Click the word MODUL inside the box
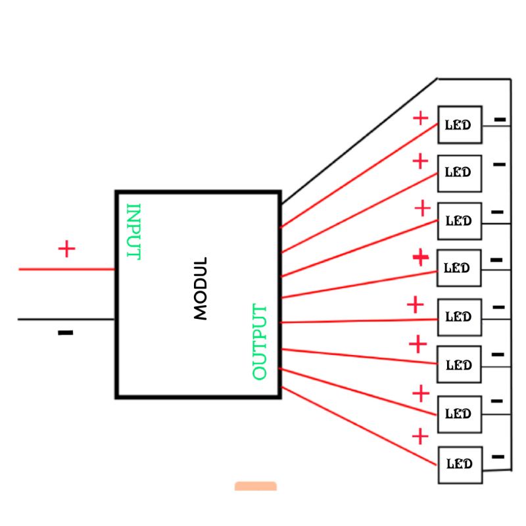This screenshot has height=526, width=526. point(201,288)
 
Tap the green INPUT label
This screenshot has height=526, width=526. point(133,231)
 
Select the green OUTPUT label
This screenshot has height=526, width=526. point(260,342)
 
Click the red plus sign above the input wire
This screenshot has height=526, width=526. point(66,249)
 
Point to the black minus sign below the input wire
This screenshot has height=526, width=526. point(65,333)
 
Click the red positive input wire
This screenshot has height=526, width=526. point(66,270)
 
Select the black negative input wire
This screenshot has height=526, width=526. point(66,320)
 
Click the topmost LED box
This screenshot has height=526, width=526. point(460,124)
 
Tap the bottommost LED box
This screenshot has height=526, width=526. point(460,464)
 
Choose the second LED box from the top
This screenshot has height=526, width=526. point(460,173)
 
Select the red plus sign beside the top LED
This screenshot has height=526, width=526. point(420,118)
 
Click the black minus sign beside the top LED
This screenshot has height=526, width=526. point(500,120)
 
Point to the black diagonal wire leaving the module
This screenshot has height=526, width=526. point(358,141)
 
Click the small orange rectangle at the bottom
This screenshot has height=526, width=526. point(256,486)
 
